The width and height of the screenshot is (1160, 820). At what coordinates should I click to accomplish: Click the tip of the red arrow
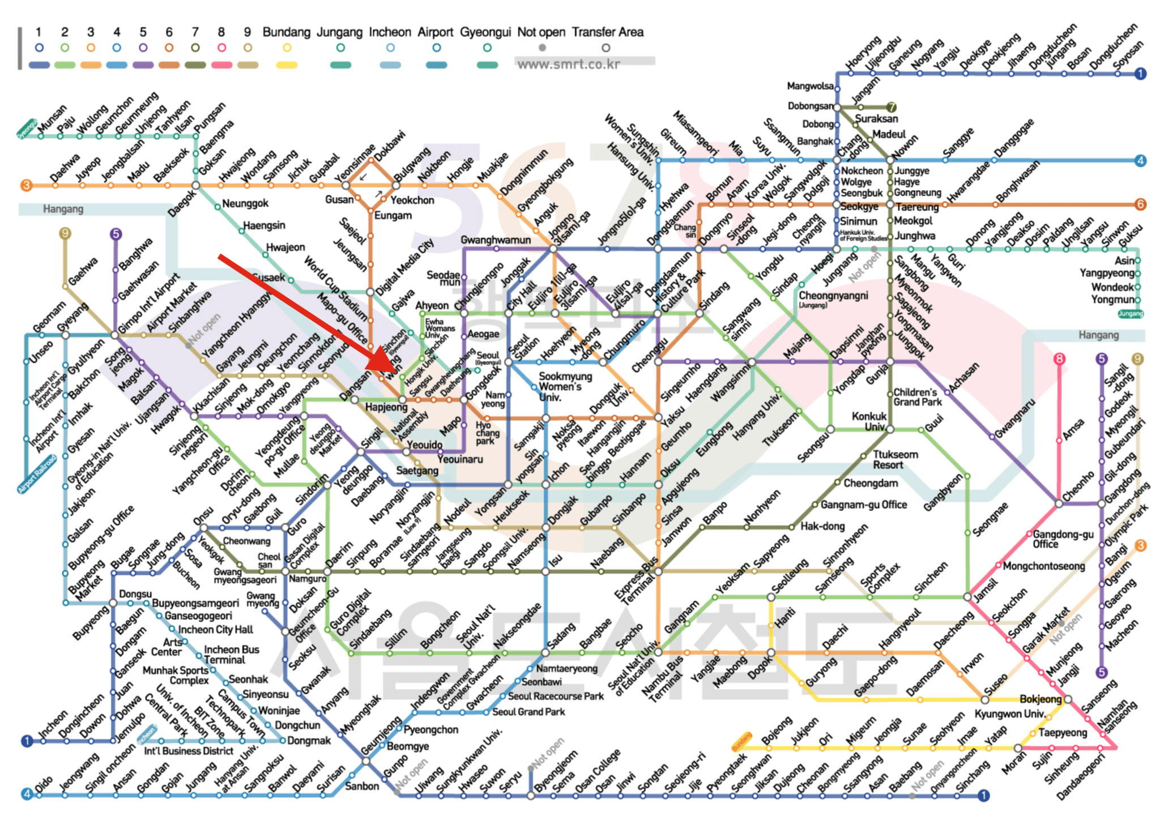[x=368, y=370]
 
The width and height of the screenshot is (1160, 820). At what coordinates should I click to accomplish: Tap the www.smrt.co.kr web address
[x=569, y=65]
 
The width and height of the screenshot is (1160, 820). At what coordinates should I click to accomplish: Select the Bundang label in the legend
[x=287, y=32]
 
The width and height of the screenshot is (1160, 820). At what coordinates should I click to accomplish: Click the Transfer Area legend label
[x=607, y=32]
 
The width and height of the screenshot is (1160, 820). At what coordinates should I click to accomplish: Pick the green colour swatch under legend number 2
[x=65, y=65]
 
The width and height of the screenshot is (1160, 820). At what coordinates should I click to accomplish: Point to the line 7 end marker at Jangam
[x=891, y=106]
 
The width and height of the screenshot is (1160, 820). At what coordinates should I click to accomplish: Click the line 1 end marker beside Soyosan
[x=1140, y=74]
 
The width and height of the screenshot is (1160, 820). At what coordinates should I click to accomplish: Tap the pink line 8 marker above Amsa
[x=1059, y=358]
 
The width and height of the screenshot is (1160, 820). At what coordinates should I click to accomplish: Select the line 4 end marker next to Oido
[x=27, y=794]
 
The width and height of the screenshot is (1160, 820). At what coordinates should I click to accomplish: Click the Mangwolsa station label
[x=810, y=86]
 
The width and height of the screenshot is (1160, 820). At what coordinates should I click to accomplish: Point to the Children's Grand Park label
[x=918, y=397]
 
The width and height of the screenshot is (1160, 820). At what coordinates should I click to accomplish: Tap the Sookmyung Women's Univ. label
[x=565, y=386]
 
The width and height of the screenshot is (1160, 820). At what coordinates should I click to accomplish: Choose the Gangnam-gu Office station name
[x=864, y=505]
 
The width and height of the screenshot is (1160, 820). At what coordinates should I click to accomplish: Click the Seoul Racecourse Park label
[x=556, y=696]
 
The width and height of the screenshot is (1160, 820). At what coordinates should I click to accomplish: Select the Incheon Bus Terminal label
[x=231, y=655]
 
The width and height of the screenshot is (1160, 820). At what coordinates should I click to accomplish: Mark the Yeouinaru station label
[x=460, y=459]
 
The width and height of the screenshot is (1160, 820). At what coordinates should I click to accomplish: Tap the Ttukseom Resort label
[x=895, y=460]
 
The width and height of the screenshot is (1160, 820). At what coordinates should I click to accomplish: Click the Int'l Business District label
[x=189, y=751]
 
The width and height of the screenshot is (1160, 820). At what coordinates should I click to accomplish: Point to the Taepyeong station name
[x=1063, y=733]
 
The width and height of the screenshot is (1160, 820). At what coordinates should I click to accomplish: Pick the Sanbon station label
[x=361, y=786]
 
